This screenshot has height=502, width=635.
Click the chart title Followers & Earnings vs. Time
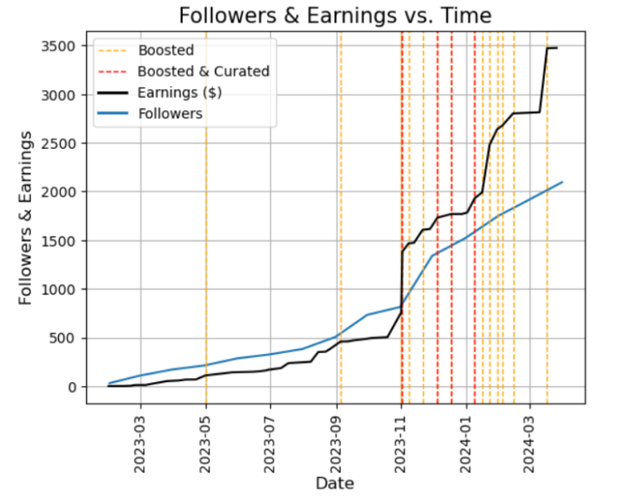click(x=335, y=15)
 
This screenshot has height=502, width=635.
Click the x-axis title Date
click(x=335, y=483)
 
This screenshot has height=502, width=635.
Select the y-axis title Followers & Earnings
click(x=26, y=217)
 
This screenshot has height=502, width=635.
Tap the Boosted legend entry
click(x=165, y=51)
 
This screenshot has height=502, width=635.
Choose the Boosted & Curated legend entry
click(x=203, y=71)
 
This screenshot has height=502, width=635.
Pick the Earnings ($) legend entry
click(x=179, y=92)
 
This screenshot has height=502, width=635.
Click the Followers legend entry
click(x=169, y=113)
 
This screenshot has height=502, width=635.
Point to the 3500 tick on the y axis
click(x=62, y=46)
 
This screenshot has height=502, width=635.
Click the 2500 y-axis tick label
click(x=62, y=144)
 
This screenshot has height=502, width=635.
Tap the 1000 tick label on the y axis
click(x=62, y=289)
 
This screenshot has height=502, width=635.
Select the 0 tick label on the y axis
click(x=73, y=387)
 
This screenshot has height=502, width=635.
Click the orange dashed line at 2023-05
click(x=206, y=248)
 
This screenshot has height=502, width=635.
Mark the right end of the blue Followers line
click(x=562, y=182)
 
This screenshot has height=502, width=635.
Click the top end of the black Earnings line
click(x=556, y=48)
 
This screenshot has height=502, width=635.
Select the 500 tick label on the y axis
click(x=66, y=338)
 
